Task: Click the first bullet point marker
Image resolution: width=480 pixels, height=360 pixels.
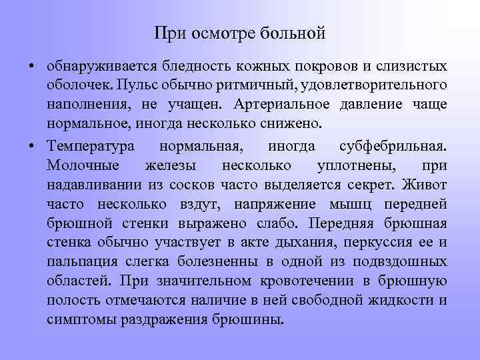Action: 32,67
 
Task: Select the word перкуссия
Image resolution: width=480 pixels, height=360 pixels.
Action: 377,241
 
